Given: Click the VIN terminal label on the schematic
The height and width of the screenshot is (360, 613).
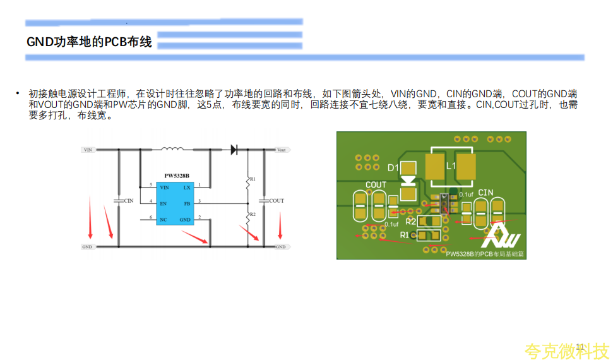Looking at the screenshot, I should [88, 150].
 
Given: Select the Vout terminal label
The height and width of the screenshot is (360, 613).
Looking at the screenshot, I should [282, 150].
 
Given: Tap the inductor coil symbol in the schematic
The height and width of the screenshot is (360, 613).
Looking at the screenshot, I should [172, 149].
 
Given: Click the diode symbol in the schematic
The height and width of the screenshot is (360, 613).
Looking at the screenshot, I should [234, 150].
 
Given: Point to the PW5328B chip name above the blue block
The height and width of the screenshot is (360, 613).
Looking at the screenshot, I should [177, 176].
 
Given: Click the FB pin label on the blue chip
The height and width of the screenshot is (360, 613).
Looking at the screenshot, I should [187, 204].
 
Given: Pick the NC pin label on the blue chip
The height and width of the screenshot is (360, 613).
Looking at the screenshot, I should [164, 219].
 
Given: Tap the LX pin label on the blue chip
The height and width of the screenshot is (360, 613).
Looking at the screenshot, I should [187, 188].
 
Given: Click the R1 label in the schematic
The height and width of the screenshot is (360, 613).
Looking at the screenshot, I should [253, 179].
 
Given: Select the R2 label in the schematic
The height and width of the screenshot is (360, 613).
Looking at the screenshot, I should [253, 215].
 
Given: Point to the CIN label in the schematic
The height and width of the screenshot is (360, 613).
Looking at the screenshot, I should [129, 201].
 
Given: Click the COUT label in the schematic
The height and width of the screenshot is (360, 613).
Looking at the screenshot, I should [277, 201].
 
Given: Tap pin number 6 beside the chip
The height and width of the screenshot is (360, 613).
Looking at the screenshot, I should [151, 218].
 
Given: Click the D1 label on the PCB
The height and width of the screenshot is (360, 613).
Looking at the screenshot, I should [393, 168].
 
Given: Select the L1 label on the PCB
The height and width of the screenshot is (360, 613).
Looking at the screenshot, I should [451, 165].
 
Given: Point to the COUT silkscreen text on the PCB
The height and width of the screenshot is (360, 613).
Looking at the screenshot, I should [376, 185].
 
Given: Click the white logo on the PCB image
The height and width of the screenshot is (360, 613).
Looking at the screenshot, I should [502, 236].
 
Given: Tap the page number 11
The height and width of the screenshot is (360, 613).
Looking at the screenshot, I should [580, 346].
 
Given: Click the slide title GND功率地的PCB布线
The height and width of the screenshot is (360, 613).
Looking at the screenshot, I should [89, 42].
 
